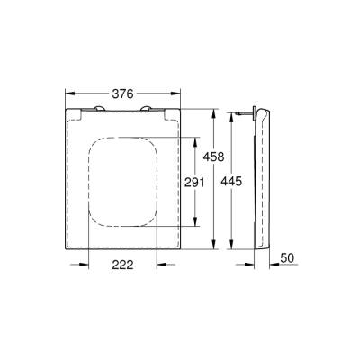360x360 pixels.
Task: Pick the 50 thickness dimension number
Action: pos(288,258)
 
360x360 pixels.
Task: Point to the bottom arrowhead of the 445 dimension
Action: pos(234,248)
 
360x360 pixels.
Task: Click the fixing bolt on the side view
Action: pos(246,112)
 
